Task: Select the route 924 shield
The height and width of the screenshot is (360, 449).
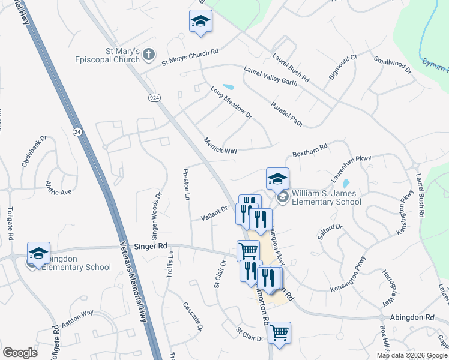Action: coord(154,97)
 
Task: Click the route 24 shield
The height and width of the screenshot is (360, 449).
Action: coord(77,131)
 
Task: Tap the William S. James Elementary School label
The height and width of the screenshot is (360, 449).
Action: coord(326,197)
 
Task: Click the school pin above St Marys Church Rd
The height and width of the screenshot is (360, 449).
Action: coord(200,22)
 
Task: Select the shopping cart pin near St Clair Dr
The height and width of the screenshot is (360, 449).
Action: coord(279,332)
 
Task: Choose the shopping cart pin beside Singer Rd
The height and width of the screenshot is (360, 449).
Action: coord(248,250)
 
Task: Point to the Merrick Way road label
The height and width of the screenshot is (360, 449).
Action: coord(220,146)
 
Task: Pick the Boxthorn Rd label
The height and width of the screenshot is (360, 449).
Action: coord(310,150)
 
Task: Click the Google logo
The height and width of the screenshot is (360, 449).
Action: coord(20,353)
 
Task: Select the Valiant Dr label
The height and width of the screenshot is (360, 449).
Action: coord(215,211)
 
